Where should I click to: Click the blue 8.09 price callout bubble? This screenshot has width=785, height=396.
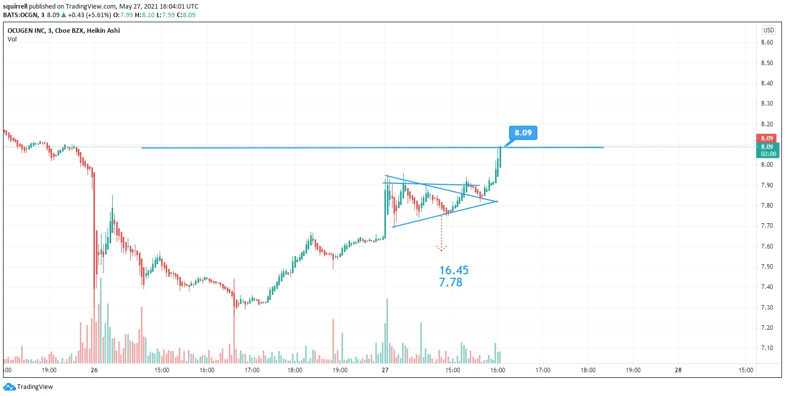[523, 133]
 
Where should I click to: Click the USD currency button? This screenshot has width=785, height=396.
[768, 30]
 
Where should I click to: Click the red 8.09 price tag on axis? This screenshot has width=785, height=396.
[767, 138]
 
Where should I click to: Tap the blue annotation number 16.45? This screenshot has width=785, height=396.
[454, 271]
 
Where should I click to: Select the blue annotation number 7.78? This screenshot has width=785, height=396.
[451, 283]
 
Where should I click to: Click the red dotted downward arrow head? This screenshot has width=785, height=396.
[441, 249]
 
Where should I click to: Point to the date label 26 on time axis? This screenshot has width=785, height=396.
[94, 370]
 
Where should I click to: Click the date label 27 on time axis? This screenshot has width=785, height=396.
[385, 370]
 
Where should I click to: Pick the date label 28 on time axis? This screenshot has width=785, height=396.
[677, 370]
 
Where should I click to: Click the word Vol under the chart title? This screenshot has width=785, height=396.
[12, 39]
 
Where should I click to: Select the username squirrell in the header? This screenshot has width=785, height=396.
[14, 7]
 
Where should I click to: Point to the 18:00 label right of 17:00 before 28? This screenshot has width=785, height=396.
[587, 370]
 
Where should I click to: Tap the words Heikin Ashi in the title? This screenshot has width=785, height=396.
[103, 31]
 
